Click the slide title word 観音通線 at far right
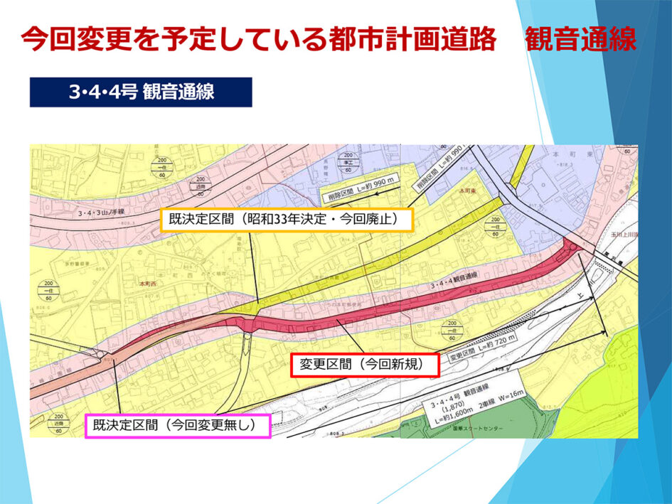point(580,41)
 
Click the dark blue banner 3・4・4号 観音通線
point(141,92)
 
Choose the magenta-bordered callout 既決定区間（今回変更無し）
point(178,427)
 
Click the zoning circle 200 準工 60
point(348,164)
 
